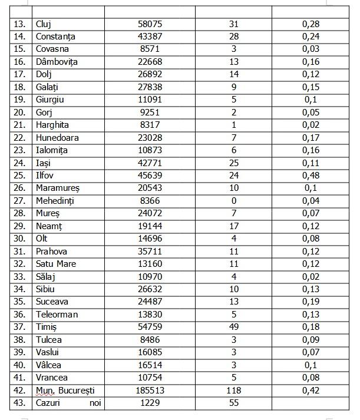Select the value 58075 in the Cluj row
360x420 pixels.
click(x=150, y=24)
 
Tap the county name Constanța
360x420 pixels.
click(x=55, y=37)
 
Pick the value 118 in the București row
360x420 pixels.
click(x=234, y=391)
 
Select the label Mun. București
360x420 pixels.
click(x=65, y=391)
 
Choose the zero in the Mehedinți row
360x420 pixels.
click(x=234, y=201)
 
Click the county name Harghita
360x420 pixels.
click(x=52, y=125)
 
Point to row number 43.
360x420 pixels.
click(x=20, y=403)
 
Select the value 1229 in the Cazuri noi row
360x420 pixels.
click(x=150, y=403)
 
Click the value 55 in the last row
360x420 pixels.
click(x=234, y=403)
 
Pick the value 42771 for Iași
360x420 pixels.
click(x=150, y=163)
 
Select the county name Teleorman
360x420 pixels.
click(x=57, y=315)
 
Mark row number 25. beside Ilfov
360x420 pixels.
click(x=20, y=176)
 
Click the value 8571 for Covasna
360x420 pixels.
click(x=150, y=49)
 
